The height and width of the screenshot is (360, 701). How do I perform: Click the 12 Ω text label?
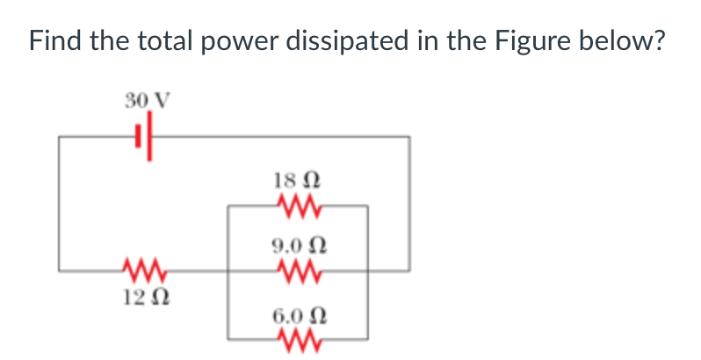141,296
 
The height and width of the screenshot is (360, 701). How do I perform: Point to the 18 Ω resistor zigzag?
297,206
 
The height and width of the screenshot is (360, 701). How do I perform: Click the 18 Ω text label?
297,180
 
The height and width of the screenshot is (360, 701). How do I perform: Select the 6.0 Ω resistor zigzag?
297,337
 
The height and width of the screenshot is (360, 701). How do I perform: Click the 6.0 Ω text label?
297,313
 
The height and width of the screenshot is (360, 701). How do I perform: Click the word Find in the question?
54,40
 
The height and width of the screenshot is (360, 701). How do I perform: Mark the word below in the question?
623,40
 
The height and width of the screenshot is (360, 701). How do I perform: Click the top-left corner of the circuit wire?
60,137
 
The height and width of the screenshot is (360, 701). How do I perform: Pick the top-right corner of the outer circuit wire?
408,137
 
